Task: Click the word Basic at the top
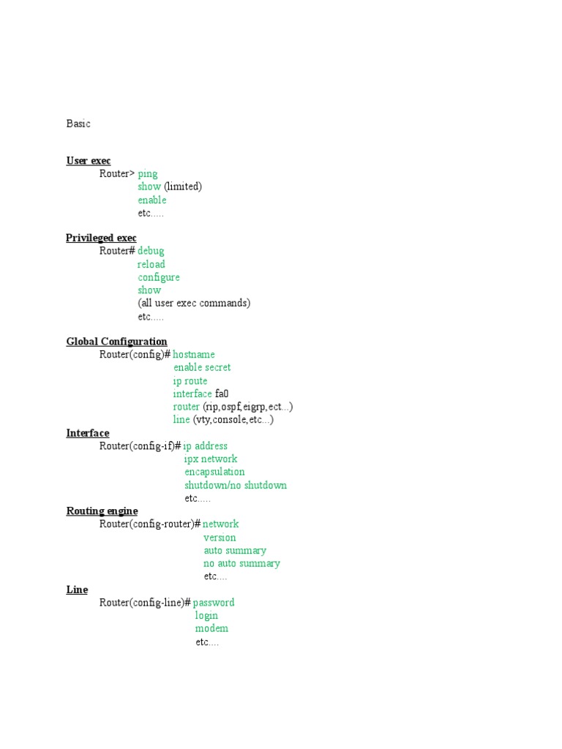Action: click(78, 124)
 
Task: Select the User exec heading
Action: click(89, 161)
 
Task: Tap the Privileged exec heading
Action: click(101, 238)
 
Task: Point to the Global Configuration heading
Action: click(116, 342)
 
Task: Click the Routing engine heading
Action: click(102, 511)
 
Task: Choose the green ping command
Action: click(147, 174)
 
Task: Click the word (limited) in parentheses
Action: click(182, 187)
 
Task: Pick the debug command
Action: click(151, 251)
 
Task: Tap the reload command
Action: click(151, 264)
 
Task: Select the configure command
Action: click(159, 277)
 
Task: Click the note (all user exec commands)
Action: click(194, 303)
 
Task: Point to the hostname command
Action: click(194, 355)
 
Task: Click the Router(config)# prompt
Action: click(135, 355)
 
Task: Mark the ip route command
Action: click(190, 381)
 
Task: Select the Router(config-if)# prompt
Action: click(140, 446)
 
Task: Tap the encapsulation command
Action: click(214, 472)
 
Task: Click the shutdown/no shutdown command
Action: click(236, 485)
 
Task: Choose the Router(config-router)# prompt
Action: click(150, 524)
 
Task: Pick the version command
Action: click(220, 538)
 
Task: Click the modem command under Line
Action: click(211, 628)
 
